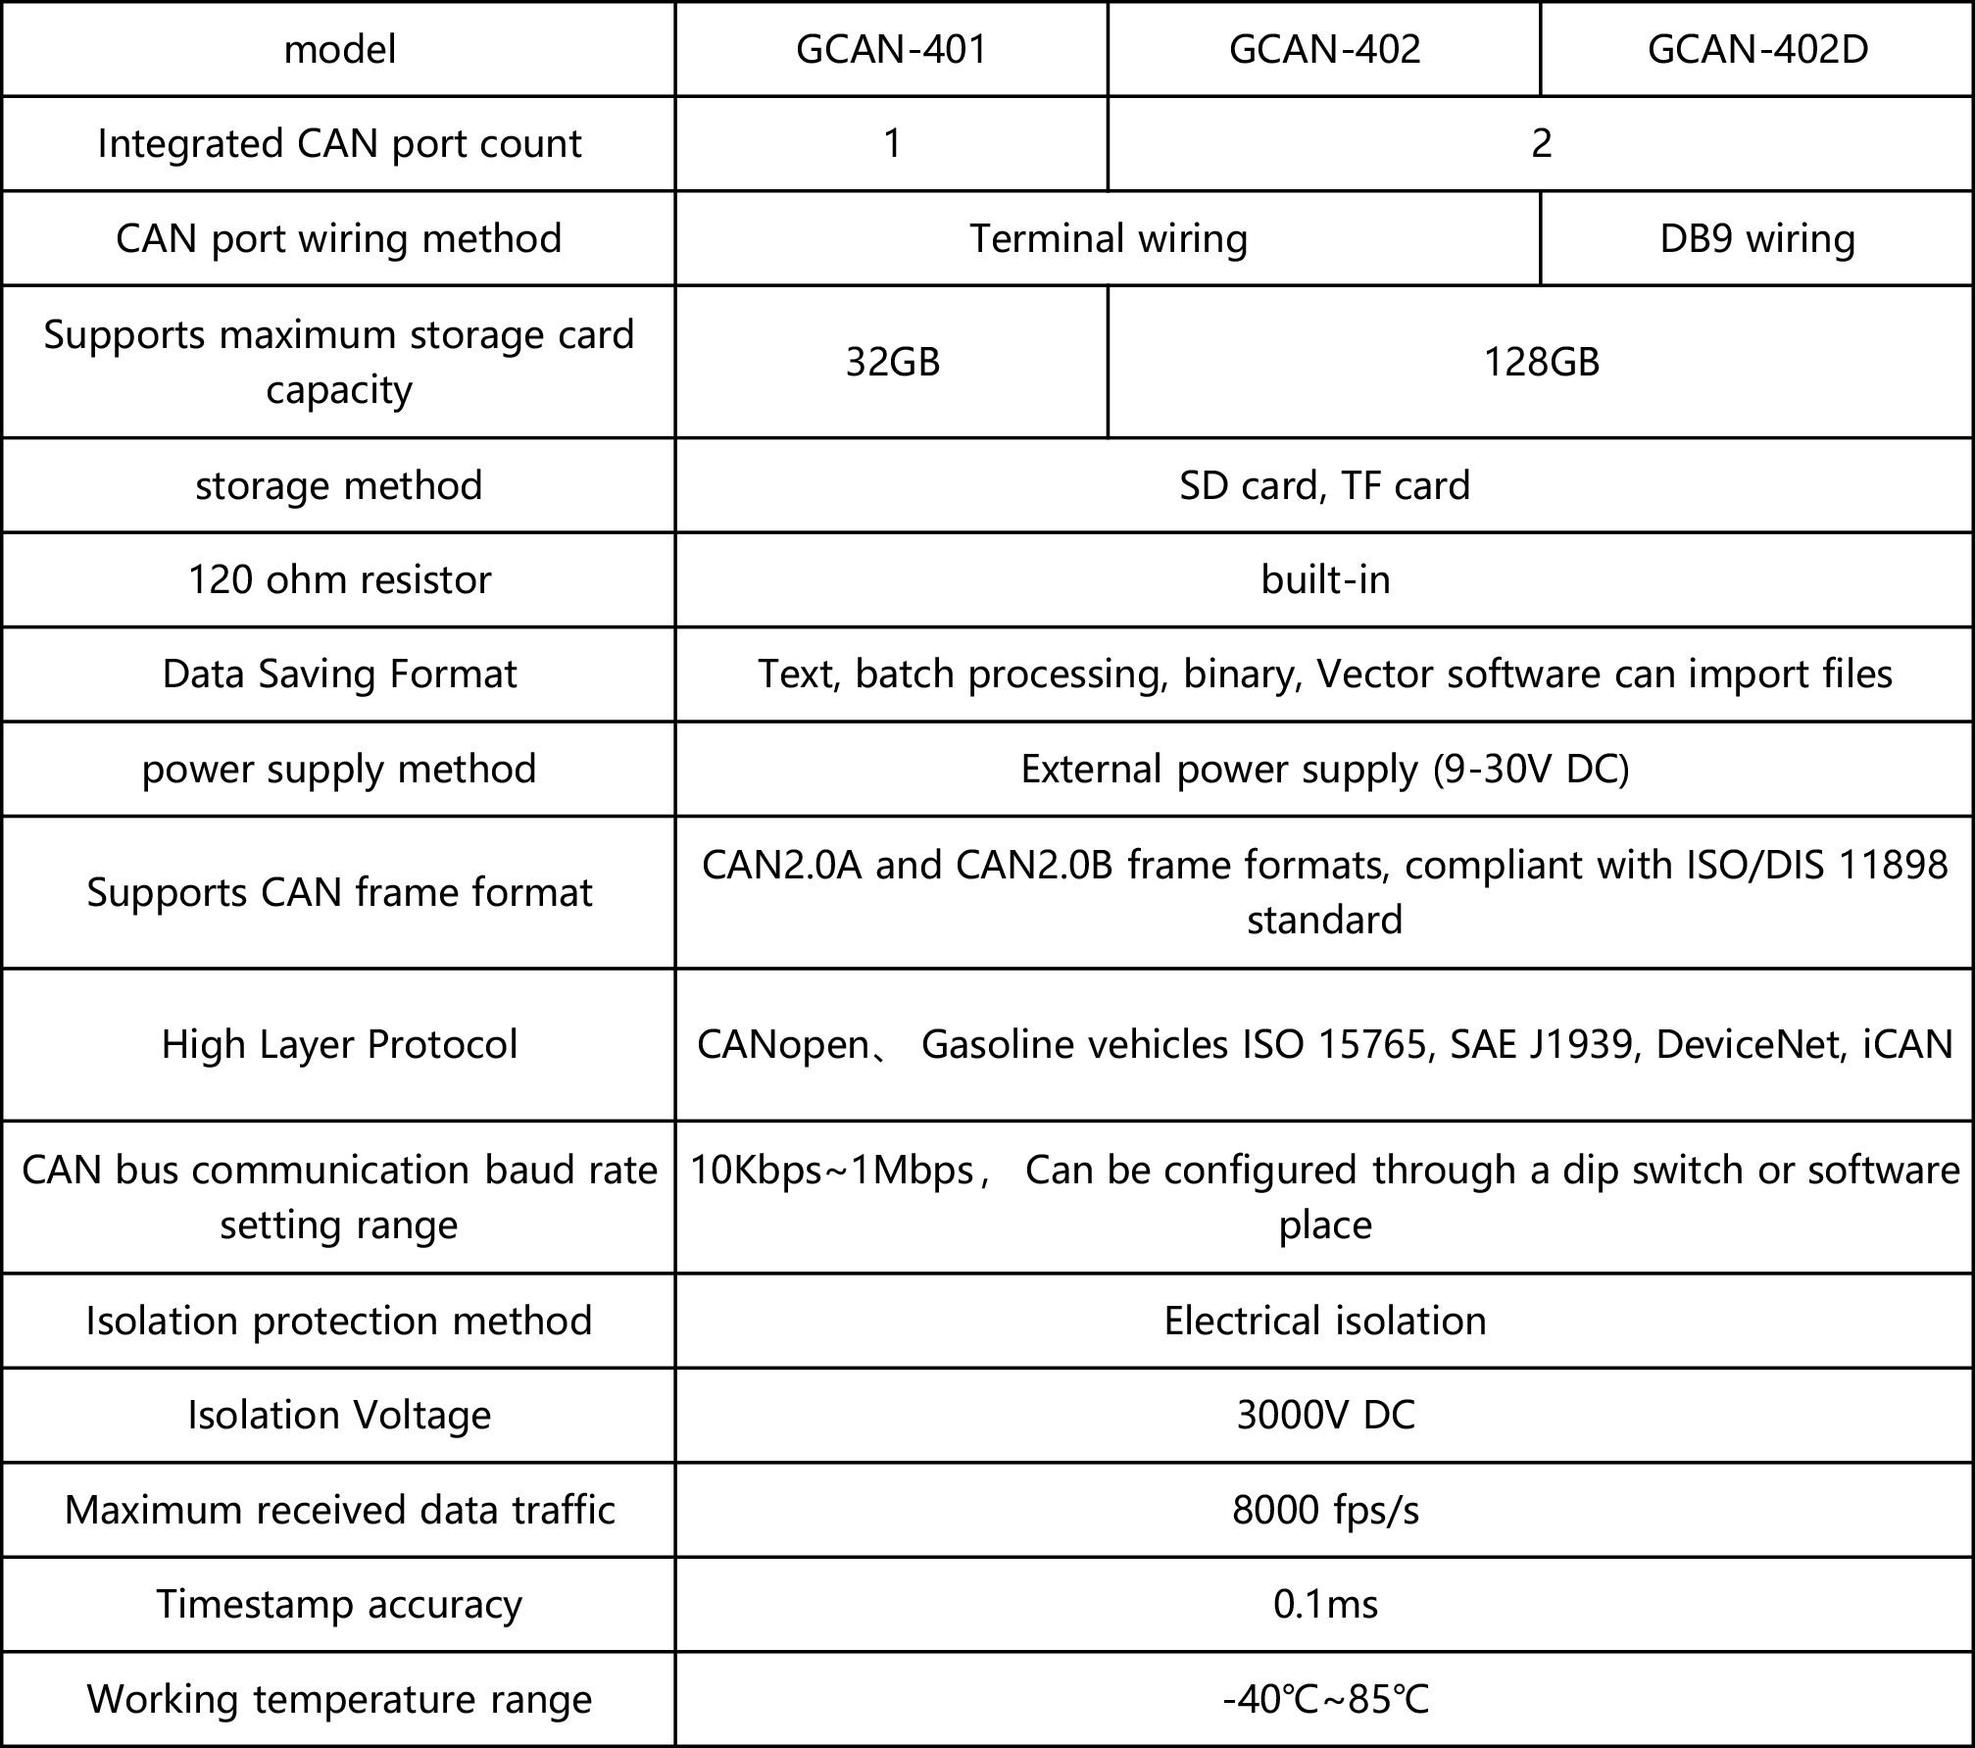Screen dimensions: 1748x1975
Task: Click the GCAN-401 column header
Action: [x=891, y=49]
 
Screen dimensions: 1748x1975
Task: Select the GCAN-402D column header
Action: [x=1757, y=49]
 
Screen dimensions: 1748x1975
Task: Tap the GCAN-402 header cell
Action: [x=1324, y=49]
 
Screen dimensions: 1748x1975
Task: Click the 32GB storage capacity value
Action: [x=892, y=362]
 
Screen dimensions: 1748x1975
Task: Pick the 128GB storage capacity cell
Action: [x=1541, y=362]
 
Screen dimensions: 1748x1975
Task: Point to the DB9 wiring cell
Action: [x=1757, y=238]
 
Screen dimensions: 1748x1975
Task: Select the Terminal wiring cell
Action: [x=1109, y=238]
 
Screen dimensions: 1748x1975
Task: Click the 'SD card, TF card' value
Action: [x=1324, y=485]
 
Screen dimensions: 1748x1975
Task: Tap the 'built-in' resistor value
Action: [x=1325, y=579]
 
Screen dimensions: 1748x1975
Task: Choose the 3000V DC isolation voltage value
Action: [x=1325, y=1415]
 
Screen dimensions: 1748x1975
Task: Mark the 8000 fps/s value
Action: [x=1325, y=1510]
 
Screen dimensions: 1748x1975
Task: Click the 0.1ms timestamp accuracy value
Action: [x=1325, y=1604]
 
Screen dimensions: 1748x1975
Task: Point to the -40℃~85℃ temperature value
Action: [x=1325, y=1699]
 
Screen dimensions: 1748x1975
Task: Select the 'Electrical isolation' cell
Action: [x=1325, y=1321]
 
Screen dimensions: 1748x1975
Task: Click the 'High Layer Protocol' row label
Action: [x=339, y=1044]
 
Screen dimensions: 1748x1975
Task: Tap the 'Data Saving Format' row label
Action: [x=339, y=674]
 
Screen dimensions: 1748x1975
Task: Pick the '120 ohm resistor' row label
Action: [x=339, y=579]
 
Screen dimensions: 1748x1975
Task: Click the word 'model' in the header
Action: [x=339, y=49]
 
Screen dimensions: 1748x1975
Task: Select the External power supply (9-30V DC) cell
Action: [x=1325, y=769]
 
